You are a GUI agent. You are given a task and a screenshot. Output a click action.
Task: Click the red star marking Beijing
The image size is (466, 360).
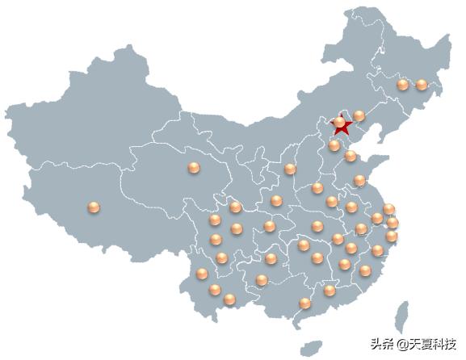[x=342, y=127]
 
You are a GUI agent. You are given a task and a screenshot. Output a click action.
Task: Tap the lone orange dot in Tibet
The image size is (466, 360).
[x=94, y=208]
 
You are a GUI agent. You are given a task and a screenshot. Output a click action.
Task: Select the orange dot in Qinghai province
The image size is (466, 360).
[x=193, y=168]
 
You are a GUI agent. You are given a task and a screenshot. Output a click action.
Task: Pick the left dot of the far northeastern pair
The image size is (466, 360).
[x=402, y=84]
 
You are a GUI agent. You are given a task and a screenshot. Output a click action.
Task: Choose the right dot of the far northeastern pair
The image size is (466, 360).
[x=421, y=84]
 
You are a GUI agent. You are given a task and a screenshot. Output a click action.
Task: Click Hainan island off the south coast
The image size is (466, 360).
[x=310, y=348]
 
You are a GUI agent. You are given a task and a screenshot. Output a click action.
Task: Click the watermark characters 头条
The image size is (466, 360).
[x=382, y=343]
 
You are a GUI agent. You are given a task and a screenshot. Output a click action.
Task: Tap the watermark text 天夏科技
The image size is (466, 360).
[x=433, y=343]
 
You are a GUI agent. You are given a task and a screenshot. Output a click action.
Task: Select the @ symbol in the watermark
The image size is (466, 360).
[x=401, y=344]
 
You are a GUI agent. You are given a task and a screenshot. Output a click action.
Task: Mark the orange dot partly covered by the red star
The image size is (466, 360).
[x=339, y=123]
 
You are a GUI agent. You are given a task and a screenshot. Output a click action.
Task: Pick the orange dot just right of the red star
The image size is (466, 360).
[x=359, y=116]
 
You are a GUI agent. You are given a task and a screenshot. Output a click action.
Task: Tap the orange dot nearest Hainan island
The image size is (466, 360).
[x=304, y=303]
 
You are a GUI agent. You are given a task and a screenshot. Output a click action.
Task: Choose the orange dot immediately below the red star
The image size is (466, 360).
[x=334, y=145]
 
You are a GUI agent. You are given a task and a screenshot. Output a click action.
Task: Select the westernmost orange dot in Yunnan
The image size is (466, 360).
[x=201, y=274]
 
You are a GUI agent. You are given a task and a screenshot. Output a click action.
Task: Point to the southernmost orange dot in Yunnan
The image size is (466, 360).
[x=230, y=299]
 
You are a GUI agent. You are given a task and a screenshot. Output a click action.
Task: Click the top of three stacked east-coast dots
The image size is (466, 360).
[x=388, y=209]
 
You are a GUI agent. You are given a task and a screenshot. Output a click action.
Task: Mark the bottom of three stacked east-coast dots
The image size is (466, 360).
[x=392, y=237]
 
